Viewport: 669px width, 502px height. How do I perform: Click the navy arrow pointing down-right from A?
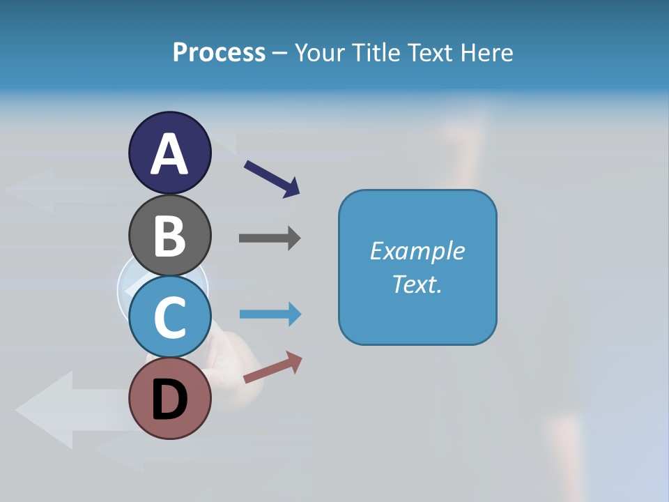click(x=272, y=178)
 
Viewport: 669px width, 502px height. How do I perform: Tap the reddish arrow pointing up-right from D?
click(x=272, y=367)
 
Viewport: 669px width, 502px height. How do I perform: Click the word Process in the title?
click(x=219, y=52)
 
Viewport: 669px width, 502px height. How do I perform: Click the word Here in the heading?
click(x=487, y=52)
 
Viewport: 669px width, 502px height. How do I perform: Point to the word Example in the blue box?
click(x=417, y=251)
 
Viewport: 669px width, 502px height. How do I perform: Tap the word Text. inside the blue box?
click(x=417, y=284)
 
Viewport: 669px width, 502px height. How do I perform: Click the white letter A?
click(x=169, y=153)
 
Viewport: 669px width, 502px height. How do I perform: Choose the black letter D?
click(x=169, y=401)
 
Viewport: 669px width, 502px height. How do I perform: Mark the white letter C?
click(x=169, y=317)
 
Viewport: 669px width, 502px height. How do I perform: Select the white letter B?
click(x=169, y=236)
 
